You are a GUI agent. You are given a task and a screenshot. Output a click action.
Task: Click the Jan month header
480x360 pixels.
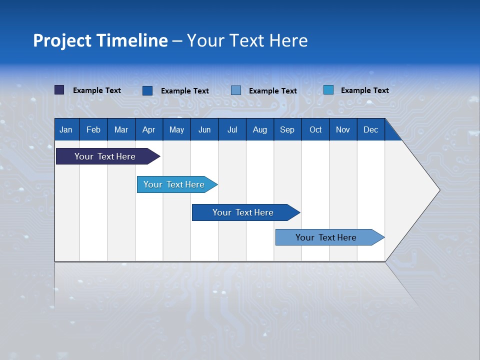[66, 129]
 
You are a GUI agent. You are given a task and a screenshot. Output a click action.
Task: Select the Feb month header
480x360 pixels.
[93, 129]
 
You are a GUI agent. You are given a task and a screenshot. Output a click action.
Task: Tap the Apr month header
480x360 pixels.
[148, 129]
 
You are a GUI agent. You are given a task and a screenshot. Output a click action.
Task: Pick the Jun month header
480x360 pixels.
[204, 129]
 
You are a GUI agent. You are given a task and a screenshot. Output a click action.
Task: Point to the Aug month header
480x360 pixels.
[259, 129]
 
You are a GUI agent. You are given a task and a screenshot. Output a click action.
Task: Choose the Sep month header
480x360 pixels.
[287, 129]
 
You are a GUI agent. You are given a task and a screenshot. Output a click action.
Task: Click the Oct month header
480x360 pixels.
[315, 129]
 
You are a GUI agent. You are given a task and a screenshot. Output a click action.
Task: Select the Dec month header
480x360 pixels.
[370, 129]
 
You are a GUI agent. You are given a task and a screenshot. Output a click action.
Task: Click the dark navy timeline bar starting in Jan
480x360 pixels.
[105, 156]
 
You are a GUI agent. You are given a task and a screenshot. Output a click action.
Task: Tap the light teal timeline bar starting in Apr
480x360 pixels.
[174, 184]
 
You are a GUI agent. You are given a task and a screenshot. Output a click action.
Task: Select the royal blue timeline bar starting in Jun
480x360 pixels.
[243, 212]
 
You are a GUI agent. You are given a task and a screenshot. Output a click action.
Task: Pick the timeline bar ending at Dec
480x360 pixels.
[326, 237]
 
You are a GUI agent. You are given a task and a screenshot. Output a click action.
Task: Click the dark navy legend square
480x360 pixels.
[59, 90]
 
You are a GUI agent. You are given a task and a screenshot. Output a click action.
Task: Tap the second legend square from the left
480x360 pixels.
[147, 90]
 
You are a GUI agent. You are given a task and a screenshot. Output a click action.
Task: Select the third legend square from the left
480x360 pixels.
[236, 90]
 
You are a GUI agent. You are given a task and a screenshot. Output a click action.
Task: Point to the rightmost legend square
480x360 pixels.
[328, 90]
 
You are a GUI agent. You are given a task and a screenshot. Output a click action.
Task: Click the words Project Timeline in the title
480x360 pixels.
[100, 40]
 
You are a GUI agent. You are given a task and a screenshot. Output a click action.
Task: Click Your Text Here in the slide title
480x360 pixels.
[247, 40]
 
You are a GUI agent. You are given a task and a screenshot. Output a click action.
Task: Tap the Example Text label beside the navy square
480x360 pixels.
[97, 90]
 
